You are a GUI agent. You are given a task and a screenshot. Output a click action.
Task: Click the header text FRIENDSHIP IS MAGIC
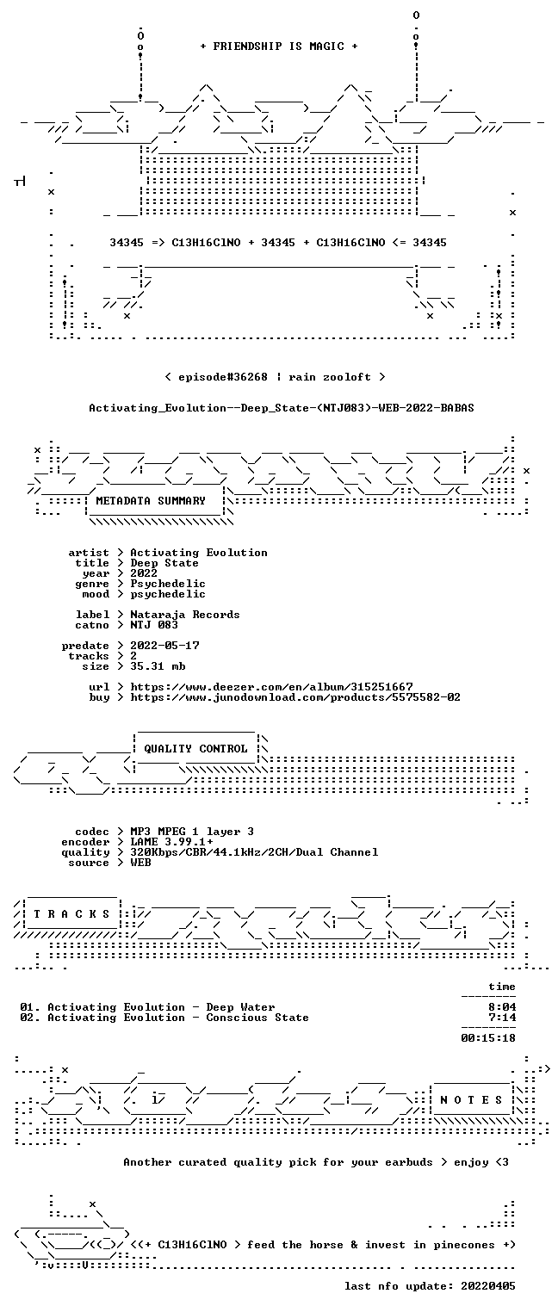(x=278, y=46)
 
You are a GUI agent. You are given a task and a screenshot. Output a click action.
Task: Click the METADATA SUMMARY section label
(x=151, y=501)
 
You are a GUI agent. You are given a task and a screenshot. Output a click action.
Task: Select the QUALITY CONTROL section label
(x=195, y=748)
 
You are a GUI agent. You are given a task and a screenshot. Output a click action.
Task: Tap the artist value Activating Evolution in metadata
(x=199, y=553)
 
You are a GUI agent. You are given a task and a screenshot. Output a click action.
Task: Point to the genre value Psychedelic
(x=168, y=584)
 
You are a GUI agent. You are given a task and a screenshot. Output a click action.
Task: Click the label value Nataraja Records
(x=184, y=615)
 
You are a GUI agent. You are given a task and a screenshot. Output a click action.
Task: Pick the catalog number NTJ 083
(x=154, y=625)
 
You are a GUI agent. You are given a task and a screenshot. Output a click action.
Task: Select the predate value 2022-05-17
(x=164, y=646)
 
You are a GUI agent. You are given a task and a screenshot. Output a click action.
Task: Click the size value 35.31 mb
(x=158, y=666)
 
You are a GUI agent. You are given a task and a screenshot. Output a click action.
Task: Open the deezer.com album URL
(x=271, y=686)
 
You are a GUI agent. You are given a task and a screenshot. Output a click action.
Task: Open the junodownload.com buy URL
(x=295, y=697)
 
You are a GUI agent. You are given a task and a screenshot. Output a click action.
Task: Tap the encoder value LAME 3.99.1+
(x=171, y=842)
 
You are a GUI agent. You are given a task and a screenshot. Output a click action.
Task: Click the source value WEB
(x=140, y=862)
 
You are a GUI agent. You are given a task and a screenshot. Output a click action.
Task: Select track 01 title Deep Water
(x=240, y=1007)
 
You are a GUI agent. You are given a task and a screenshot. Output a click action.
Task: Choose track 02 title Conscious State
(x=257, y=1018)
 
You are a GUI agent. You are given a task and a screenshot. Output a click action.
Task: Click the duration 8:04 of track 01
(x=502, y=1007)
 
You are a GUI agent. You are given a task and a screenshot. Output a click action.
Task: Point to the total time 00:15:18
(x=488, y=1038)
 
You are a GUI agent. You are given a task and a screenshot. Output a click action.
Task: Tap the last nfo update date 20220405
(x=488, y=1285)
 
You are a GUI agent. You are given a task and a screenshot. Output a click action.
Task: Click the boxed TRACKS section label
(x=71, y=913)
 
